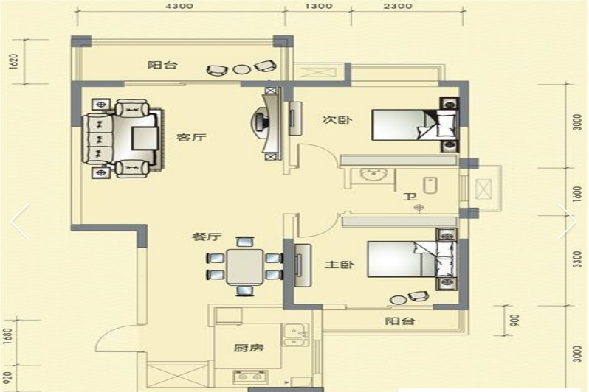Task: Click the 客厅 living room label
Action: (x=191, y=137)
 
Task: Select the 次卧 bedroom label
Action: (x=337, y=120)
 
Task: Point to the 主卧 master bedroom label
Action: (x=340, y=265)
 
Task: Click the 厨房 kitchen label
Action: (x=248, y=348)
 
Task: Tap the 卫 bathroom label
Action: (x=410, y=197)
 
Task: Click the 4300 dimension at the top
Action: (x=179, y=6)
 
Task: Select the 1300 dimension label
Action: (x=318, y=6)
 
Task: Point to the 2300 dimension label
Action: (x=398, y=6)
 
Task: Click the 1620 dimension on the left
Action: (x=13, y=61)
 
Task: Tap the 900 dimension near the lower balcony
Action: (x=514, y=321)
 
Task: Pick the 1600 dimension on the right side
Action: (x=577, y=194)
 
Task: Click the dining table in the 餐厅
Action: (x=244, y=266)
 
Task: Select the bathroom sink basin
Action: (x=373, y=175)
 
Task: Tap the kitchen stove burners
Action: (x=250, y=377)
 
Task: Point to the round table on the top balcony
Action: (x=241, y=69)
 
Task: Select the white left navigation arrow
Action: (x=19, y=221)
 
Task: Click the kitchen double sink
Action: (x=296, y=335)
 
